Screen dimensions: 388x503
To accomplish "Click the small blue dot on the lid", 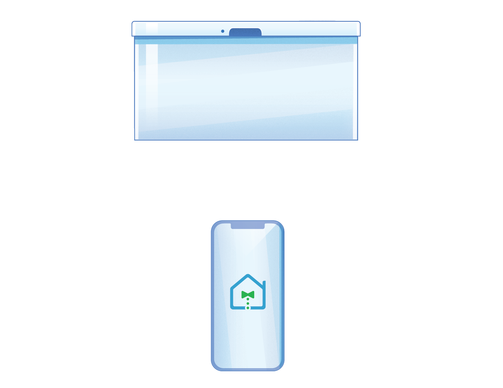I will pyautogui.click(x=222, y=31).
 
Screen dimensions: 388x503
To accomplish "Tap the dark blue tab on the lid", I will pyautogui.click(x=245, y=32).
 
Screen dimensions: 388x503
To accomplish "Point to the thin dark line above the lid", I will pyautogui.click(x=317, y=21).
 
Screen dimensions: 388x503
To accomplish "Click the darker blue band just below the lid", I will pyautogui.click(x=246, y=41).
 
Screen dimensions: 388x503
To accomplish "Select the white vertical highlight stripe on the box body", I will pyautogui.click(x=152, y=85).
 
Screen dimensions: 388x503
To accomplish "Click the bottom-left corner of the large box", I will pyautogui.click(x=135, y=139).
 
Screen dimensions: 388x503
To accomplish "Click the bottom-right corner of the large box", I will pyautogui.click(x=357, y=139).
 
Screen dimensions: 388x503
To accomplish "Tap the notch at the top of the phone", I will pyautogui.click(x=248, y=226).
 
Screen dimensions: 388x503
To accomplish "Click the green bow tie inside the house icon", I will pyautogui.click(x=248, y=294).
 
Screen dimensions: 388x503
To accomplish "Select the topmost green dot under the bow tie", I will pyautogui.click(x=248, y=299).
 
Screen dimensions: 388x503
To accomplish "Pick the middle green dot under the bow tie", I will pyautogui.click(x=248, y=304).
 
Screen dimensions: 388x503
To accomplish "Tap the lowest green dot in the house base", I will pyautogui.click(x=248, y=308).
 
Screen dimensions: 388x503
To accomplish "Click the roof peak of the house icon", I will pyautogui.click(x=248, y=276).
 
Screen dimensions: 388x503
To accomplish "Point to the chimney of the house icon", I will pyautogui.click(x=264, y=284).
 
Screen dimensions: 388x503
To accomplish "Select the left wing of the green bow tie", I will pyautogui.click(x=244, y=294).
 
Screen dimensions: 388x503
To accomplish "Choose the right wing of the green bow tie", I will pyautogui.click(x=252, y=294).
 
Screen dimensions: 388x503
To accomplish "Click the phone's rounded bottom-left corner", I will pyautogui.click(x=215, y=366).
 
